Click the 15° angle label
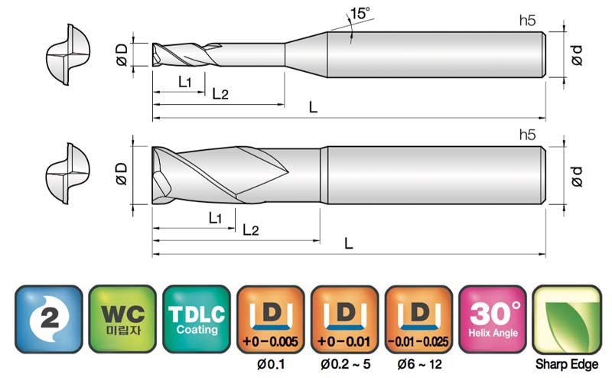tap(360, 13)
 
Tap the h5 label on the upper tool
tap(527, 21)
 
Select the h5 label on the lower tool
tap(527, 135)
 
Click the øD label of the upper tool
tap(122, 54)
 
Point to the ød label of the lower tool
tap(577, 176)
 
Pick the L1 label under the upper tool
tap(185, 82)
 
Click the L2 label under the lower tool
tap(251, 230)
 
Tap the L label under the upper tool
tap(313, 107)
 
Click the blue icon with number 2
tap(49, 319)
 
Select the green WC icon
tap(122, 319)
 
